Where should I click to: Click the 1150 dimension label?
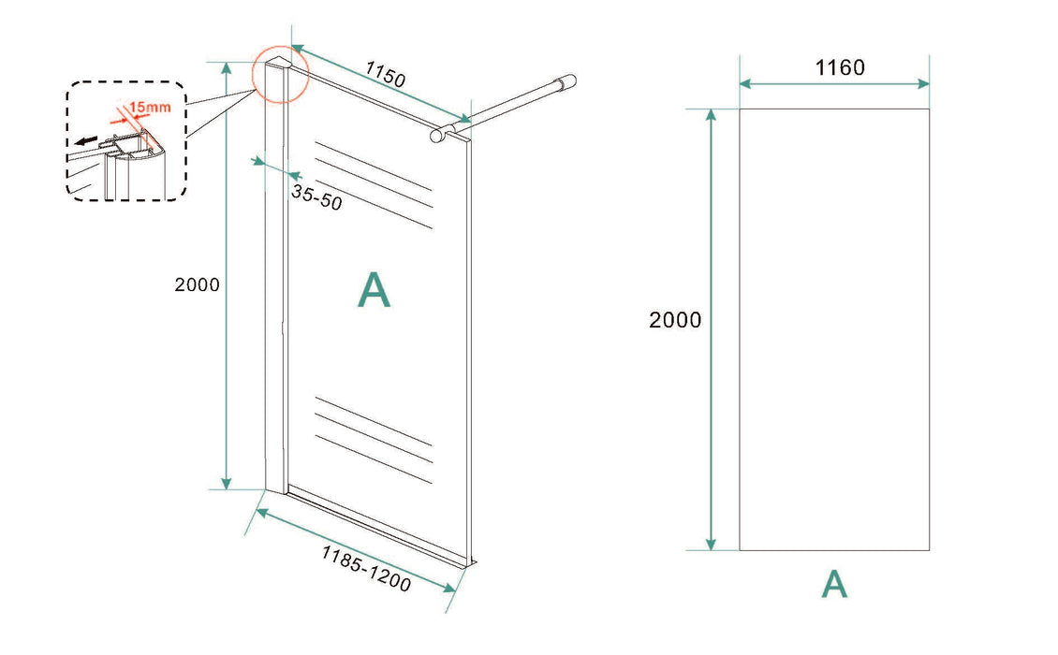coord(385,74)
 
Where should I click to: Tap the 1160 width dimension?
coord(840,67)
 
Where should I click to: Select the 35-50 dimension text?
coord(316,196)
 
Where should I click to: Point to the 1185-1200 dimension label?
coord(366,569)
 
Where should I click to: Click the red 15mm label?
coord(150,107)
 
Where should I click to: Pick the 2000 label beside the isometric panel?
coord(197,284)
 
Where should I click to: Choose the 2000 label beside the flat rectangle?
coord(675,320)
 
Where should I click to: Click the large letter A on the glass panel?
coord(374,290)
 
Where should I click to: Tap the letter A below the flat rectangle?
coord(834,584)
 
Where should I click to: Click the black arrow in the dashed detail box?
coord(86,141)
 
